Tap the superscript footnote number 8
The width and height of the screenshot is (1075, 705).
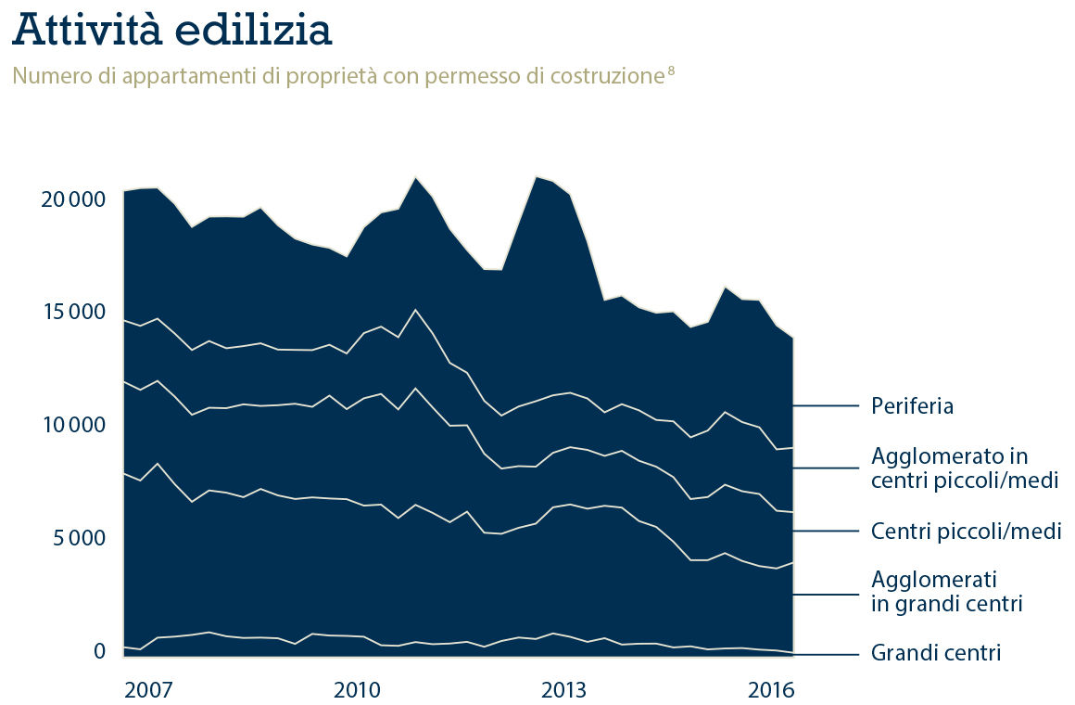point(670,70)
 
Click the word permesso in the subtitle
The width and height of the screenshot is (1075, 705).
point(476,75)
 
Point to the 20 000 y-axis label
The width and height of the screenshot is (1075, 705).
point(70,199)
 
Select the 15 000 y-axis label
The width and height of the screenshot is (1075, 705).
point(70,312)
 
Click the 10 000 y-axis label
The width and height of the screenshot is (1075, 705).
point(70,425)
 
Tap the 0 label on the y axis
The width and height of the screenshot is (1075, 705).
point(100,651)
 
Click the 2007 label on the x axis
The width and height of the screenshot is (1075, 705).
point(148,691)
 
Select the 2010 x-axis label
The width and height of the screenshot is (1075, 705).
point(357,691)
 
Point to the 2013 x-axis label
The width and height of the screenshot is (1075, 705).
point(564,691)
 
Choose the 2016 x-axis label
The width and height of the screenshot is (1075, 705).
point(772,691)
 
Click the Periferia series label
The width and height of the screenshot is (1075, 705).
point(913,406)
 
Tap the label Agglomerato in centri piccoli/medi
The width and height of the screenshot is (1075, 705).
point(964,468)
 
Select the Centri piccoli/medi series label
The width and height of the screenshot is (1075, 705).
point(966,532)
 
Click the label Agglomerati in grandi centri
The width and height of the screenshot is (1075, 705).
point(946,592)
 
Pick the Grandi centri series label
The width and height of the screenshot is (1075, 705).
point(936,653)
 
